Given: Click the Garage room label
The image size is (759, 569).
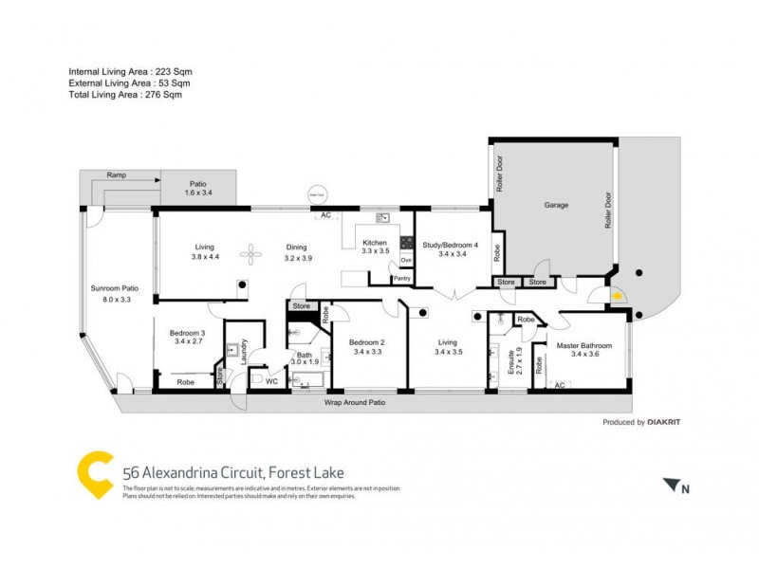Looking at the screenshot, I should click(555, 204).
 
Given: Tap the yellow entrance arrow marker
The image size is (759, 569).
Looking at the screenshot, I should click(617, 296).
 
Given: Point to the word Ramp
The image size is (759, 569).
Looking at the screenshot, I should click(116, 175).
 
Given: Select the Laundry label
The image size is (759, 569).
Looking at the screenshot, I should click(244, 350).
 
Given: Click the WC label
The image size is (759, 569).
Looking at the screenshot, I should click(271, 382).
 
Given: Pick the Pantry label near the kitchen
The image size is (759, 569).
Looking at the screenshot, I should click(401, 278).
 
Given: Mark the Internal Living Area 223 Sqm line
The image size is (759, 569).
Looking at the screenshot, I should click(131, 71).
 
